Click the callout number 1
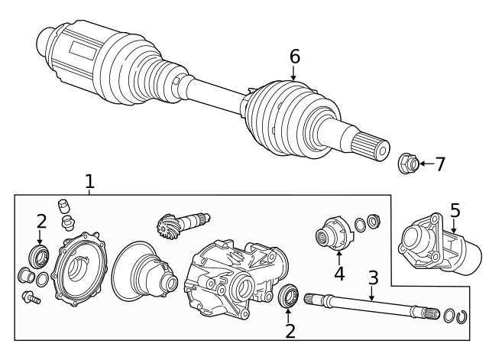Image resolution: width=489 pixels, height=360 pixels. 89,182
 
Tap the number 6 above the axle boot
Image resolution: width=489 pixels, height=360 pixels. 294,57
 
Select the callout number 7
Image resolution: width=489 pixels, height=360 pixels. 439,164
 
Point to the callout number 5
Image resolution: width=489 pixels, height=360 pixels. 455,209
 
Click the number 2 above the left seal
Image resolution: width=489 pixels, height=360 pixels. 40,221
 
